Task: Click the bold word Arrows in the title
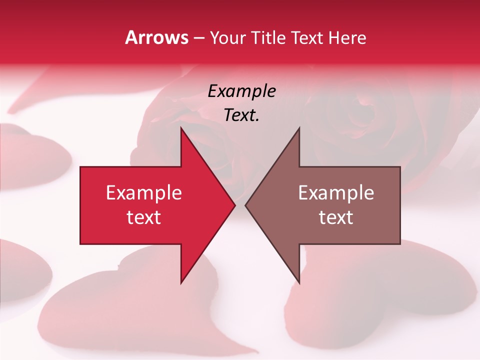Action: point(156,37)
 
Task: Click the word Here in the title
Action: point(347,37)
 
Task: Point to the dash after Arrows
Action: point(198,38)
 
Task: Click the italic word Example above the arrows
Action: point(241,91)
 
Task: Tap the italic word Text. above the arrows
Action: point(241,115)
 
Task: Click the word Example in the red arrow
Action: point(144,192)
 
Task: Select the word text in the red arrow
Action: point(144,217)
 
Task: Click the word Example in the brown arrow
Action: point(336,192)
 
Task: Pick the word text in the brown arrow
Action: point(336,217)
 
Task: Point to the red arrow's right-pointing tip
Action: point(235,205)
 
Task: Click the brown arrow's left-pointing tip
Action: point(245,205)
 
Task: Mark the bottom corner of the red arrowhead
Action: point(181,283)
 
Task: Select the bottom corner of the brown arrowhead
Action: point(299,283)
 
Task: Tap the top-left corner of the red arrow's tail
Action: point(80,167)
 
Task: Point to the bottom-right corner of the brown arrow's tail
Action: point(400,244)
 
